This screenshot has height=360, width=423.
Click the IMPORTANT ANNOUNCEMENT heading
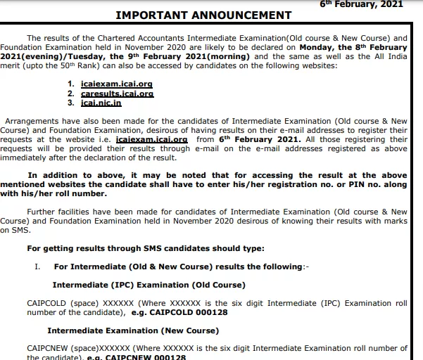coord(203,15)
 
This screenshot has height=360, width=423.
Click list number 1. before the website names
coord(71,83)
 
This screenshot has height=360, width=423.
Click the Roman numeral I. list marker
coord(38,266)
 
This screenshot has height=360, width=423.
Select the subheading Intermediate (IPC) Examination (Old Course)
coord(149,285)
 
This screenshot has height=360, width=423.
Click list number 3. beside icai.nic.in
coord(71,103)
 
